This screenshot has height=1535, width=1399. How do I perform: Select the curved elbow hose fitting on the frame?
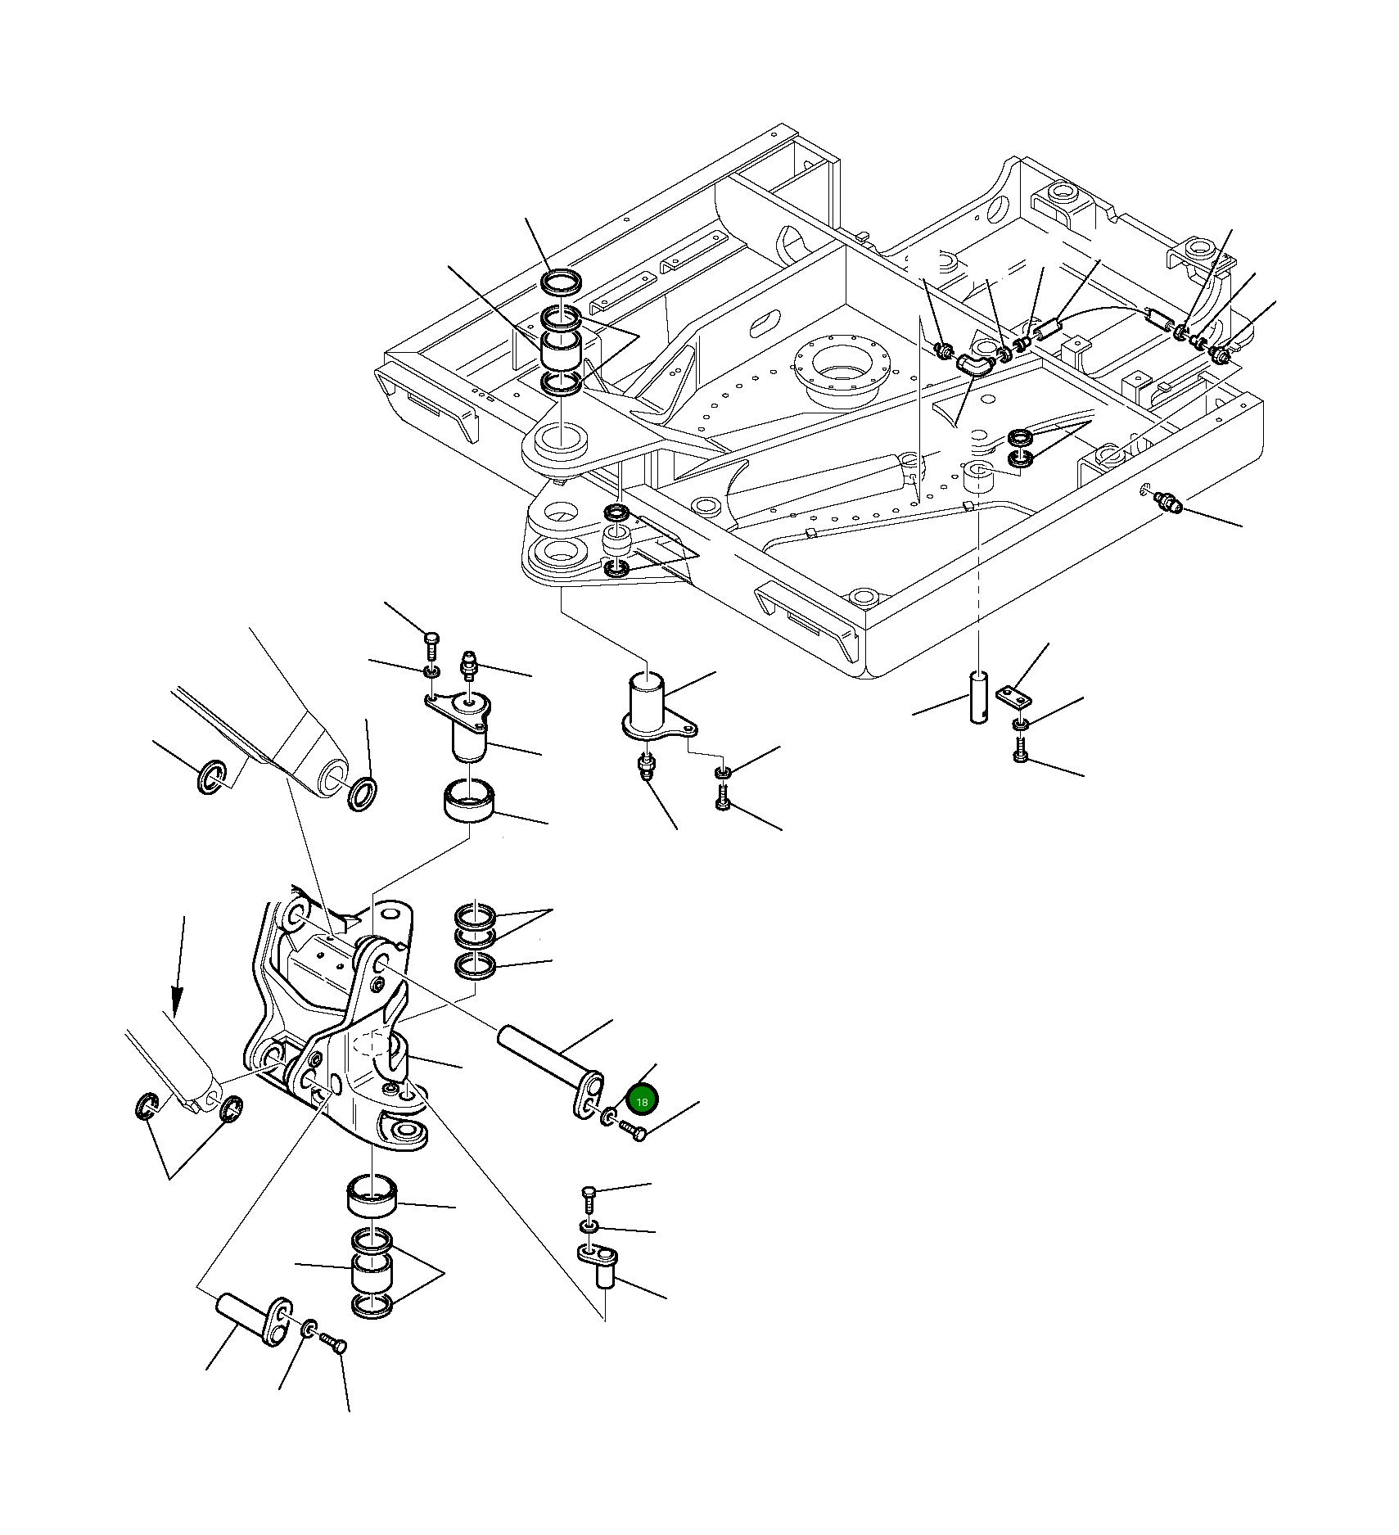[974, 364]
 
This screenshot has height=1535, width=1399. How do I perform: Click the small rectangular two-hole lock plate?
[1015, 697]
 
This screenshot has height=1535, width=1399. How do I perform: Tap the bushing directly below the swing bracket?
[372, 1203]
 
